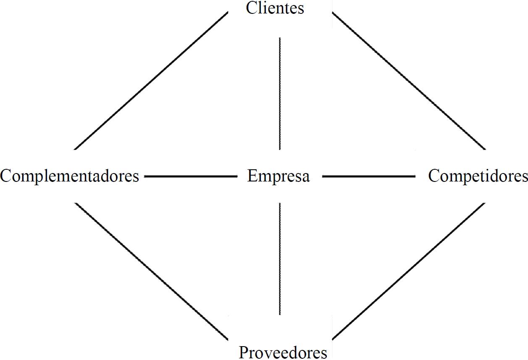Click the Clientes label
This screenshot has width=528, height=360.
click(275, 8)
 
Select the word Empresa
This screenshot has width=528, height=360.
click(278, 176)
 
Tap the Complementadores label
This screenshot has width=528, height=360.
click(70, 176)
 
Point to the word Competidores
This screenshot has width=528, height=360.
click(478, 176)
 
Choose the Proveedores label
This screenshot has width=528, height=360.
click(283, 352)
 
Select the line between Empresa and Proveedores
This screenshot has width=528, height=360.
click(280, 258)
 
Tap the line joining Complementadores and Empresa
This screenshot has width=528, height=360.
click(191, 177)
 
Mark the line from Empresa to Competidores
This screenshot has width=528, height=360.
click(368, 177)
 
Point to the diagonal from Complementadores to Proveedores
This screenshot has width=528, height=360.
click(151, 271)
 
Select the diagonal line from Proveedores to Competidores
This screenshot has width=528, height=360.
click(409, 271)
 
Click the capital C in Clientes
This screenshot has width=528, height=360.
click(252, 8)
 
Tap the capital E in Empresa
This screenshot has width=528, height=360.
click(252, 176)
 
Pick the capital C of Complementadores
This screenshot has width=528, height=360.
click(7, 176)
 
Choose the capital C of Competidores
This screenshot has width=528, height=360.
click(434, 176)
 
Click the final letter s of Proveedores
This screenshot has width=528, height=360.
click(323, 353)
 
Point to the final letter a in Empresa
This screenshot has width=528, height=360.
click(306, 177)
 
